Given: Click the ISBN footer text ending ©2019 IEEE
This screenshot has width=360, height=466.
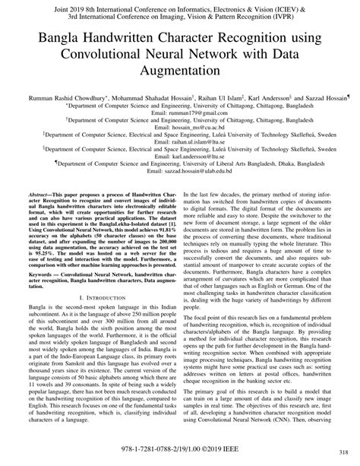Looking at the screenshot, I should click(180, 449).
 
